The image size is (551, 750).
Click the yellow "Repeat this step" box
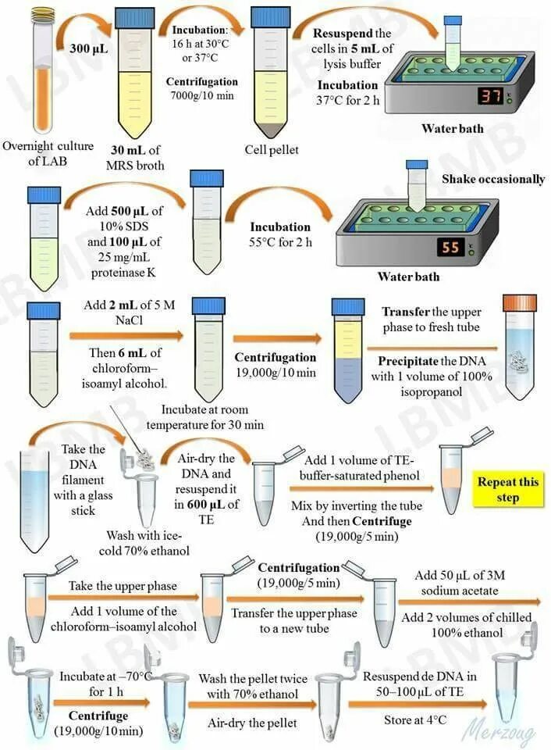[x=508, y=490]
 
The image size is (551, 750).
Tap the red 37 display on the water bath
[x=490, y=96]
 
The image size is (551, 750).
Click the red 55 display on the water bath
[x=450, y=248]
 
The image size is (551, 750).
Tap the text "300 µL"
[x=89, y=48]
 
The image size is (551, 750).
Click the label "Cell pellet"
[x=271, y=150]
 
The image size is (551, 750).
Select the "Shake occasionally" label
[x=492, y=179]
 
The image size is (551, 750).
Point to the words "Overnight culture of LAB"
[x=48, y=153]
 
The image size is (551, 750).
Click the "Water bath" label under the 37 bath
[x=453, y=129]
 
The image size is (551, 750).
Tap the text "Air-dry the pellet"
[x=252, y=723]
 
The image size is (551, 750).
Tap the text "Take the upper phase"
[x=123, y=586]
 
